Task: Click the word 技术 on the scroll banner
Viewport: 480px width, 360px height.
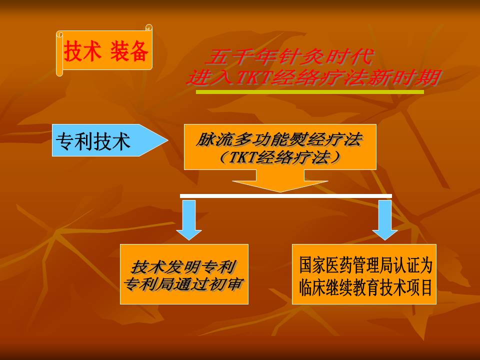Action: [x=82, y=51]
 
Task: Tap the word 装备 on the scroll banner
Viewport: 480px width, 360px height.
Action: [x=129, y=51]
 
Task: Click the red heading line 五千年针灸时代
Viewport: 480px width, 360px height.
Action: [x=290, y=57]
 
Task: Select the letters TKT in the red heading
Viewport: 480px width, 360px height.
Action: [x=253, y=77]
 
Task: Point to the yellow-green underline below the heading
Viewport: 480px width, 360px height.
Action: [x=310, y=92]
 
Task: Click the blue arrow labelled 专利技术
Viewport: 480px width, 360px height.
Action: [x=110, y=140]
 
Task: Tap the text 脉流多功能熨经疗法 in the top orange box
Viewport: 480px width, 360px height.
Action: [x=279, y=139]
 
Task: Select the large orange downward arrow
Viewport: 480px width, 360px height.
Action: [x=280, y=181]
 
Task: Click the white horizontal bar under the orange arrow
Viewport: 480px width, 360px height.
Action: [x=286, y=196]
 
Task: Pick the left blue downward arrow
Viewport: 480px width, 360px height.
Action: [x=189, y=220]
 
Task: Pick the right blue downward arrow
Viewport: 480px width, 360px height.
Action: [x=385, y=220]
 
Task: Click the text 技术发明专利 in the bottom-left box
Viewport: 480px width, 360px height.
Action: [x=183, y=267]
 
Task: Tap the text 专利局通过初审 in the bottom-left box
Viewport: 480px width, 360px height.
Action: [x=183, y=284]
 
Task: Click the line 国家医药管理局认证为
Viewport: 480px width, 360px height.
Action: [x=366, y=265]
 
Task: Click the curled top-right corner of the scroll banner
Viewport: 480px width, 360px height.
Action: [x=149, y=27]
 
